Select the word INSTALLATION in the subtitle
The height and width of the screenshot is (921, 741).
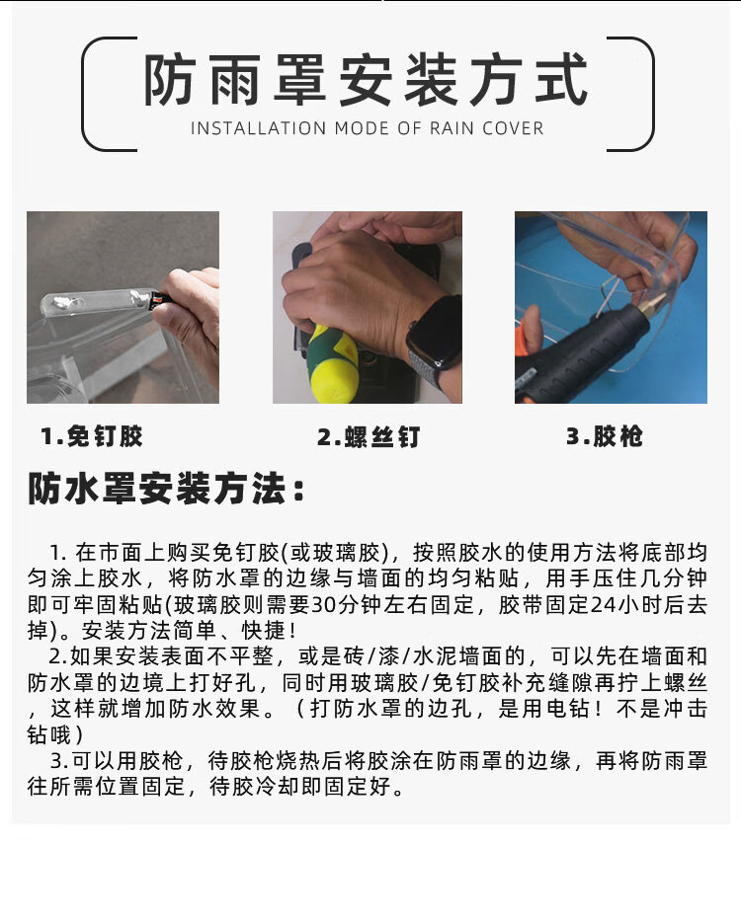[x=258, y=128]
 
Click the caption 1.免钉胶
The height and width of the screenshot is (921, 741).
[x=92, y=436]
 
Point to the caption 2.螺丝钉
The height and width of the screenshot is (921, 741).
[x=369, y=437]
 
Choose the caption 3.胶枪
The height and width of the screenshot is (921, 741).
[x=605, y=436]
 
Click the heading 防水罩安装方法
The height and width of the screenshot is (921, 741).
[x=166, y=488]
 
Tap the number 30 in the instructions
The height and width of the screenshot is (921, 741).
[x=322, y=605]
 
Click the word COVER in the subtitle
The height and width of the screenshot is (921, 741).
[x=513, y=128]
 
